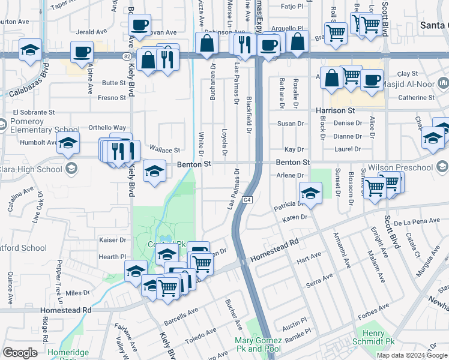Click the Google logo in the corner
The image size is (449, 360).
[x=20, y=353]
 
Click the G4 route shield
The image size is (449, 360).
[x=247, y=199]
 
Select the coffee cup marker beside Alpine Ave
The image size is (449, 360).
[x=82, y=52]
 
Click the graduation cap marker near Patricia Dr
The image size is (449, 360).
[x=310, y=193]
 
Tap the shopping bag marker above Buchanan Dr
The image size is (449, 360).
[x=206, y=43]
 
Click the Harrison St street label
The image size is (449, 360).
[x=336, y=111]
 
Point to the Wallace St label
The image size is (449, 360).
[x=164, y=150]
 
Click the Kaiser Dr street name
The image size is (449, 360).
[x=112, y=239]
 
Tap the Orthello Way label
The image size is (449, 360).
[x=107, y=128]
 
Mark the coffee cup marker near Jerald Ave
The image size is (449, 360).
[x=140, y=26]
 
